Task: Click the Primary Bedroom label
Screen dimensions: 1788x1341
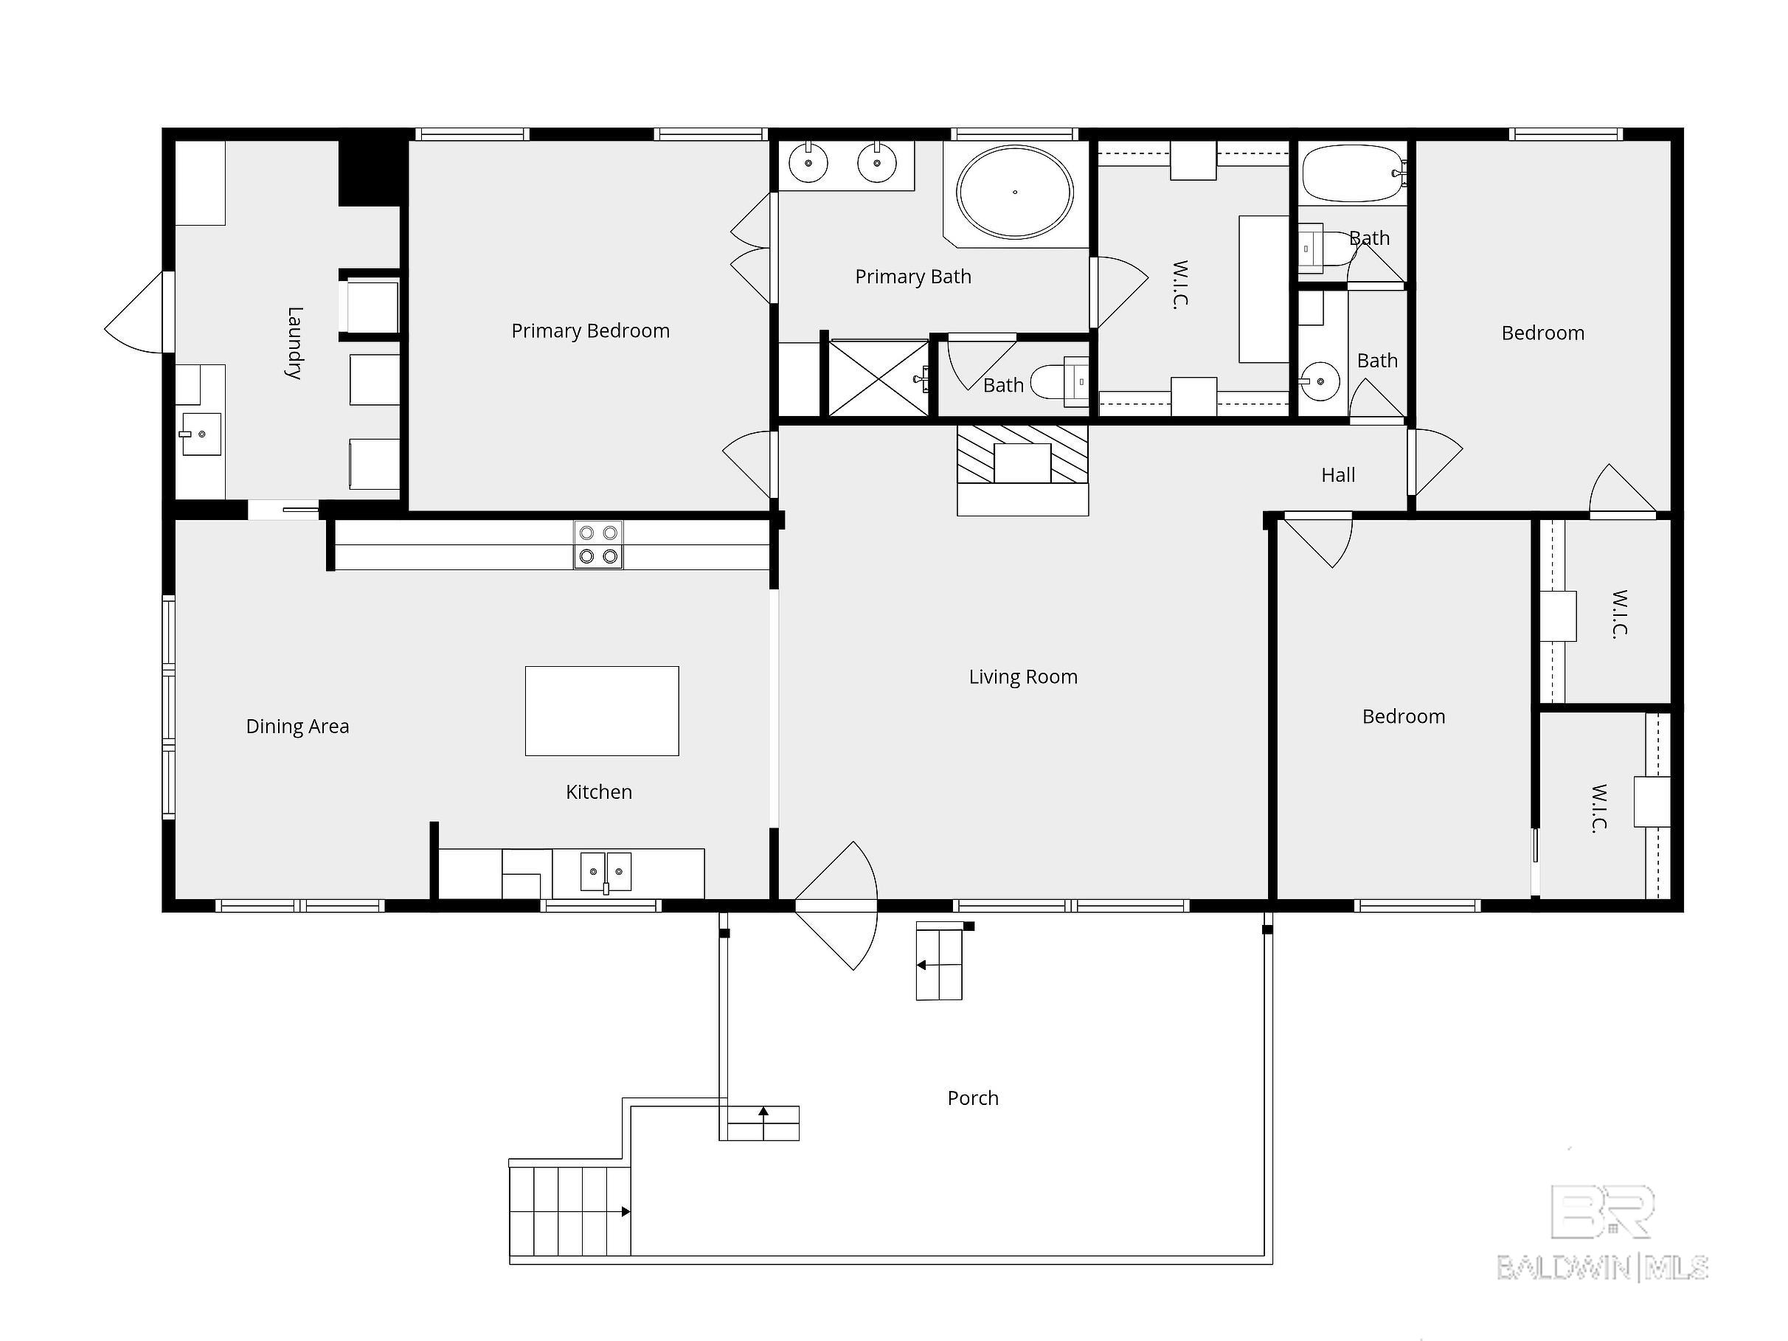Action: point(590,330)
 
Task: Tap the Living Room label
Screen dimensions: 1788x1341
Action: point(1023,676)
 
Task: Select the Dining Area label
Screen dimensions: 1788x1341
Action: point(297,726)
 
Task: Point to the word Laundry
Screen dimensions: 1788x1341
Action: point(295,343)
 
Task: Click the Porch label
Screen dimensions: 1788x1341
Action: point(973,1098)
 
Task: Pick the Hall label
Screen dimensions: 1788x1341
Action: point(1338,475)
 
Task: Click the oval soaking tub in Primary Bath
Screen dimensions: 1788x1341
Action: point(1014,193)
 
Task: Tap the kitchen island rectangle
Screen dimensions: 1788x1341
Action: point(602,711)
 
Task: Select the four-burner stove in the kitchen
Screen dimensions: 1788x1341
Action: point(598,545)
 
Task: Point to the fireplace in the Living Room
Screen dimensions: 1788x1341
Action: point(1022,470)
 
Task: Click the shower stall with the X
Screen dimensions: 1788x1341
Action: point(879,378)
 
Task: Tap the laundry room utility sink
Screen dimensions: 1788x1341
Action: point(200,434)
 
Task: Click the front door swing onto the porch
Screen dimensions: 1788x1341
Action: point(837,905)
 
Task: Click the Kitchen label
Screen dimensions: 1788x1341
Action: point(599,792)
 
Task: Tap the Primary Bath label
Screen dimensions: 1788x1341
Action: point(913,277)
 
